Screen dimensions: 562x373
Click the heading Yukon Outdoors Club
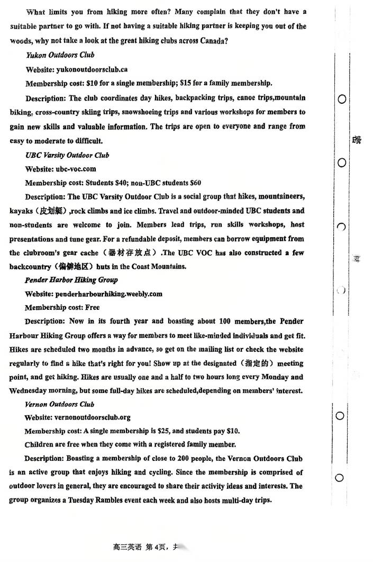[60, 55]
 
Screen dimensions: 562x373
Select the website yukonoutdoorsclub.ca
[92, 69]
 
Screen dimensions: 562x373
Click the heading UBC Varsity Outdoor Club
[67, 155]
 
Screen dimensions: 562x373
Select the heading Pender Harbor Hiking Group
[71, 280]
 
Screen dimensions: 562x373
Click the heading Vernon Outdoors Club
[59, 404]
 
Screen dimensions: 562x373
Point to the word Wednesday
[31, 391]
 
